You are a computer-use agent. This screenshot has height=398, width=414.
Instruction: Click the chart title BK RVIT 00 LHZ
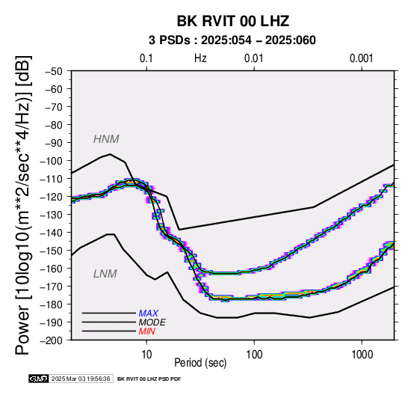(233, 21)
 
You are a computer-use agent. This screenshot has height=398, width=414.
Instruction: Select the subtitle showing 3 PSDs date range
(232, 40)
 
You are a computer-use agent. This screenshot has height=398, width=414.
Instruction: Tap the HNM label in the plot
(106, 139)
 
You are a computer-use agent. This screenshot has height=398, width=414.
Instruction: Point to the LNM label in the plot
(105, 274)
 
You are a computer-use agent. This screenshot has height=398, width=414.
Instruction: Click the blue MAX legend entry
(149, 313)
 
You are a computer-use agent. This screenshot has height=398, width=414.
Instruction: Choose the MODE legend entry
(152, 322)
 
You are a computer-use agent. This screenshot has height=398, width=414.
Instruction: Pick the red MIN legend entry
(146, 331)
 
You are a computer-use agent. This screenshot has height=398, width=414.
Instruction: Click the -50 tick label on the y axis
(54, 71)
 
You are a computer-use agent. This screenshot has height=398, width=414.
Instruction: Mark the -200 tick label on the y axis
(52, 340)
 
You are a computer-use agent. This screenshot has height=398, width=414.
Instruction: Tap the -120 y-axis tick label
(52, 197)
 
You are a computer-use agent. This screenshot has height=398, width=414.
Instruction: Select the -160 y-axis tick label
(52, 269)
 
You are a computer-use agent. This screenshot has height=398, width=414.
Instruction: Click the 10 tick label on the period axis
(146, 355)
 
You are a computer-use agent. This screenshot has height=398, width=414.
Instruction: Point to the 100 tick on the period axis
(254, 355)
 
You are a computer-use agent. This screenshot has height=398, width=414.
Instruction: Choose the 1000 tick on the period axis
(362, 355)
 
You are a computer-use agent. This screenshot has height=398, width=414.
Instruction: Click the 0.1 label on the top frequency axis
(146, 58)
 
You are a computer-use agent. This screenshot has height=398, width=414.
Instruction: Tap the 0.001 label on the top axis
(361, 58)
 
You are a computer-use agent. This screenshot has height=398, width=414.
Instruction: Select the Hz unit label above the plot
(200, 58)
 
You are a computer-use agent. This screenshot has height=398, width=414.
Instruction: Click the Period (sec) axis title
(200, 363)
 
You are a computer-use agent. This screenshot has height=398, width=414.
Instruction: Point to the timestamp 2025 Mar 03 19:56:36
(81, 379)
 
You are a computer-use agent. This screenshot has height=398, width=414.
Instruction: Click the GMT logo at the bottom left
(39, 379)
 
